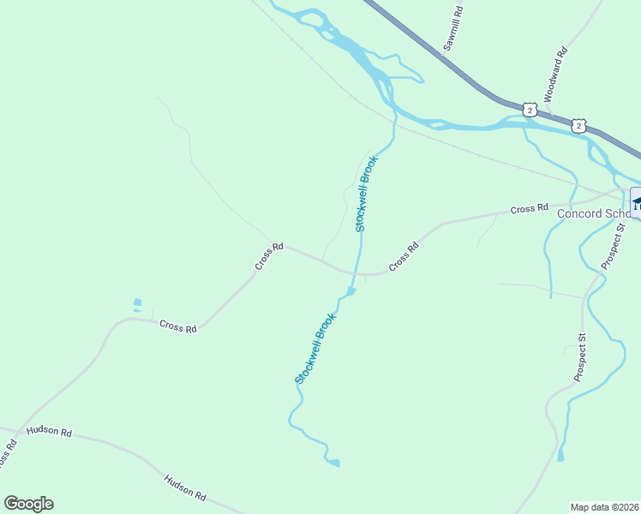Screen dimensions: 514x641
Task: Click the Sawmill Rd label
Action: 453,30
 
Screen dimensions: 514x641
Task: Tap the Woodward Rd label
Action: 556,75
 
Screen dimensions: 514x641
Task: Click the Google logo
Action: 28,504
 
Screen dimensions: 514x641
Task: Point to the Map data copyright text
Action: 605,507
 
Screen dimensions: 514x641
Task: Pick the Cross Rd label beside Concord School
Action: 529,208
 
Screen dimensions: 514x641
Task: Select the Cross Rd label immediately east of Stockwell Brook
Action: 404,257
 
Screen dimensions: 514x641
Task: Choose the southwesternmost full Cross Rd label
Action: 178,327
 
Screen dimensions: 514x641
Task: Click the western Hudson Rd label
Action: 49,431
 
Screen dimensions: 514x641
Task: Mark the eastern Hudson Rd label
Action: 185,488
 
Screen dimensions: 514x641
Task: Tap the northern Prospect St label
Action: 614,246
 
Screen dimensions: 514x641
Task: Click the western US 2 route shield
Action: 530,110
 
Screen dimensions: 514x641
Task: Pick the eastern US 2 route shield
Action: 579,126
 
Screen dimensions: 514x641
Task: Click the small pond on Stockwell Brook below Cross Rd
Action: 351,292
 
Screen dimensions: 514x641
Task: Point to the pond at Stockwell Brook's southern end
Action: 333,463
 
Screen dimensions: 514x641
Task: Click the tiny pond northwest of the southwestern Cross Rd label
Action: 137,303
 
